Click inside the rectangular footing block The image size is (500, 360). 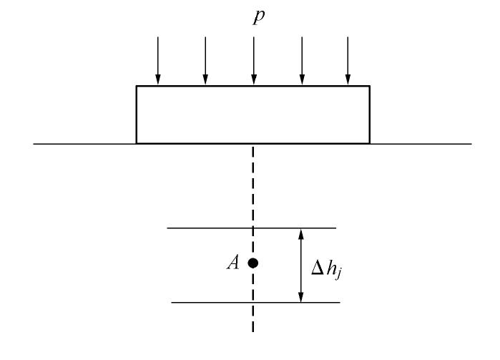coord(253,115)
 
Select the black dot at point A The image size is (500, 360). coord(253,263)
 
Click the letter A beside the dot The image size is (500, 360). coord(232,263)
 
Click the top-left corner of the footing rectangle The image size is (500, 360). coord(137,87)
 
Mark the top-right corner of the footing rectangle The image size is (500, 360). coord(370,87)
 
